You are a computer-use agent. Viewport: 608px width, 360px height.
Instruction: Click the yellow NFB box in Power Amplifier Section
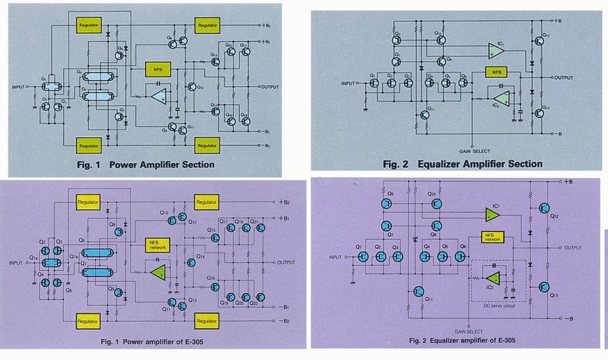[157, 69]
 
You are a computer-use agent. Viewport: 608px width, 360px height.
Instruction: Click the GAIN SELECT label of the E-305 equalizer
[469, 331]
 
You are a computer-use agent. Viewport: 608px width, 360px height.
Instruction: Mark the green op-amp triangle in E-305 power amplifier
[158, 273]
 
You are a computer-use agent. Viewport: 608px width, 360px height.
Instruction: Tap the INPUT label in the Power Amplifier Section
[19, 87]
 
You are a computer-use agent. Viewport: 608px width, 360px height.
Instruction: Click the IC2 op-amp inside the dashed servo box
[492, 277]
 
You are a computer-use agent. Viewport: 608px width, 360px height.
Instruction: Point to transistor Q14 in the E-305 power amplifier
[192, 263]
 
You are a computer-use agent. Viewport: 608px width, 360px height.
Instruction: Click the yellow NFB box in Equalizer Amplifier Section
[496, 72]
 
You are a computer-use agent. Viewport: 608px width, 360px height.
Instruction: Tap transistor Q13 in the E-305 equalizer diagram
[544, 287]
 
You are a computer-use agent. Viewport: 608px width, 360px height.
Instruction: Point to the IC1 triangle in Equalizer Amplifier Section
[497, 51]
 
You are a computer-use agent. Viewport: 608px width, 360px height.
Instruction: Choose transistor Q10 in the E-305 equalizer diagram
[436, 204]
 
